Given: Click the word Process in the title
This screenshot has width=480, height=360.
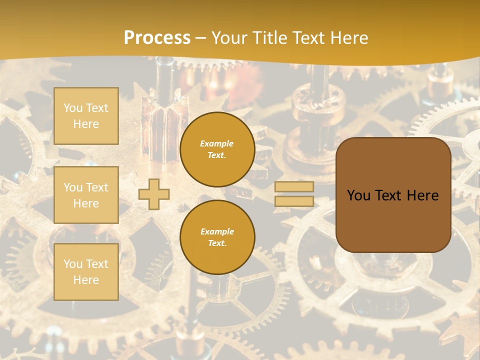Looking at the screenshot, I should pyautogui.click(x=157, y=38).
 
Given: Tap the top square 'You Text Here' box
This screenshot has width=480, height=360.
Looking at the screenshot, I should pyautogui.click(x=86, y=116).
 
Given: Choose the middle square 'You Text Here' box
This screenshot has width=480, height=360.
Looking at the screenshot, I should pyautogui.click(x=86, y=195).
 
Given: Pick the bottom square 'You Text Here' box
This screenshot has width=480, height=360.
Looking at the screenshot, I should pyautogui.click(x=86, y=271).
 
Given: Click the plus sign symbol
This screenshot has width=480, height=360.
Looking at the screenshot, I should pyautogui.click(x=154, y=194).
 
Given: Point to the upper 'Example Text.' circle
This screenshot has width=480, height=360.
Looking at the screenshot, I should pyautogui.click(x=217, y=149).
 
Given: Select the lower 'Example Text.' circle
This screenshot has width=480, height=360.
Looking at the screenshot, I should pyautogui.click(x=217, y=237).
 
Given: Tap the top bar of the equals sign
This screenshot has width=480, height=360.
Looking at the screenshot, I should pyautogui.click(x=294, y=186).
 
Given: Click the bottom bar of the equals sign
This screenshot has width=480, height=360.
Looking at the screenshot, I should pyautogui.click(x=294, y=201).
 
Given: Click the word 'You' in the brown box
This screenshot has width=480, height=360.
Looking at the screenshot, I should pyautogui.click(x=358, y=195).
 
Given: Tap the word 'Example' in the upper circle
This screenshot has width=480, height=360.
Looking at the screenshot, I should pyautogui.click(x=217, y=144).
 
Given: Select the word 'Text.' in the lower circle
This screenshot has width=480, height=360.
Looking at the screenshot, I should pyautogui.click(x=217, y=243).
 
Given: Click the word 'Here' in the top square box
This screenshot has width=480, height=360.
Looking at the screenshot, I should pyautogui.click(x=86, y=124).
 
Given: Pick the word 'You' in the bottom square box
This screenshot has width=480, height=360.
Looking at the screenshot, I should pyautogui.click(x=73, y=264).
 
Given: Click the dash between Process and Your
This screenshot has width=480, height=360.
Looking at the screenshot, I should pyautogui.click(x=201, y=38).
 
